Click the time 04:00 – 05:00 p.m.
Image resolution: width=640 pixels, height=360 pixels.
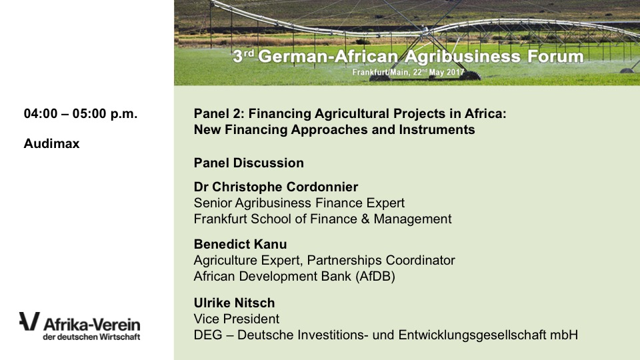(x=81, y=113)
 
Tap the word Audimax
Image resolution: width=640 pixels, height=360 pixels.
(x=51, y=144)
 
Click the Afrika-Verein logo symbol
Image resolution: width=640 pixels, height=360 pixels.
(x=29, y=321)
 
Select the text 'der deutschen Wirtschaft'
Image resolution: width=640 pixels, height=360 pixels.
(x=91, y=337)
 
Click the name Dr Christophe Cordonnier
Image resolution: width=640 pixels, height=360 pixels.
(x=276, y=187)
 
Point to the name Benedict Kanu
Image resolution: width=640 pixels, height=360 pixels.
(x=241, y=244)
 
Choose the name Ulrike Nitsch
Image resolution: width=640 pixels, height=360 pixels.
(x=234, y=303)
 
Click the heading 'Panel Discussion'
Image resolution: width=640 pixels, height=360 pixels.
(x=249, y=163)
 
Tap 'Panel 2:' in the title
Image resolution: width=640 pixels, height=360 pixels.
(x=219, y=113)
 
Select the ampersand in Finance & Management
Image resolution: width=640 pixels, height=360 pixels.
(x=365, y=219)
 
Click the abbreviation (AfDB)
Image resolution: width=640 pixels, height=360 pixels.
(x=375, y=276)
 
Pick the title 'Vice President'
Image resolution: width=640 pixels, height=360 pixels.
(x=237, y=319)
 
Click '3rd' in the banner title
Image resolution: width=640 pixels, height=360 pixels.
(x=243, y=55)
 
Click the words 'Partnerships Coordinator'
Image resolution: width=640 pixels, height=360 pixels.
(x=381, y=261)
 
